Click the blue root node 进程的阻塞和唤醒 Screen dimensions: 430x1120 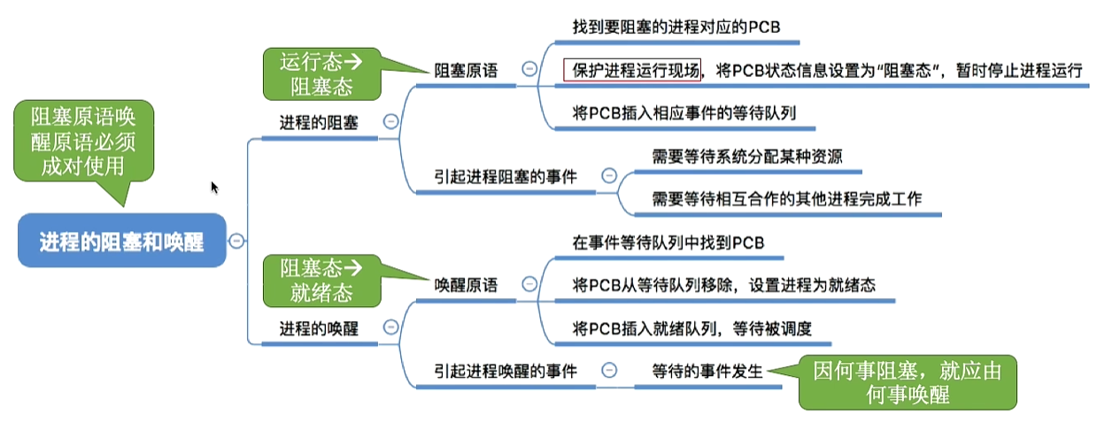pos(122,242)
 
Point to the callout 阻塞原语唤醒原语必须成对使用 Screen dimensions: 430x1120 pos(83,142)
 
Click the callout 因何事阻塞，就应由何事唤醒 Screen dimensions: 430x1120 pos(908,382)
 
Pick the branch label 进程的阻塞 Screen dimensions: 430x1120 pos(319,123)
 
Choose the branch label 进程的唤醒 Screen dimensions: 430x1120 pos(319,328)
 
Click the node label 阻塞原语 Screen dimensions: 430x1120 pos(466,70)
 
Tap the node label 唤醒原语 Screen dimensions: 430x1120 pos(466,285)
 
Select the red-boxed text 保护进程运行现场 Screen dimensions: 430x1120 pos(632,70)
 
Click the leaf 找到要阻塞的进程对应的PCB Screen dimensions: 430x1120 pos(675,27)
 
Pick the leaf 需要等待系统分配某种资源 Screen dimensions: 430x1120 pos(746,157)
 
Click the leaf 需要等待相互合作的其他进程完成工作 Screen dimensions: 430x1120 pos(786,198)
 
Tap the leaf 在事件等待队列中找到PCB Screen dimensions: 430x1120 pos(668,242)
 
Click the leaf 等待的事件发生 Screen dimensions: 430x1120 pos(707,372)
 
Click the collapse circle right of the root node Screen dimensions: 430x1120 pos(237,241)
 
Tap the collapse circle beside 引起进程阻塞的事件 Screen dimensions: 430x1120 pos(609,176)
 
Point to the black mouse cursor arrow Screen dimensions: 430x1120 pos(214,187)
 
